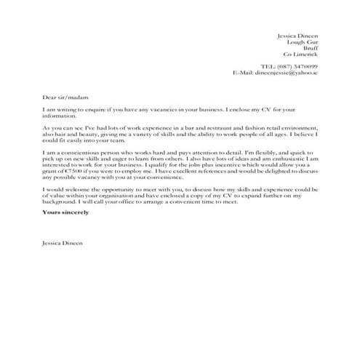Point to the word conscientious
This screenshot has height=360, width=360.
78,151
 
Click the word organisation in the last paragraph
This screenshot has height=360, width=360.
124,196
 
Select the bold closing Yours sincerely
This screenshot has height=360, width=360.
65,213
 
